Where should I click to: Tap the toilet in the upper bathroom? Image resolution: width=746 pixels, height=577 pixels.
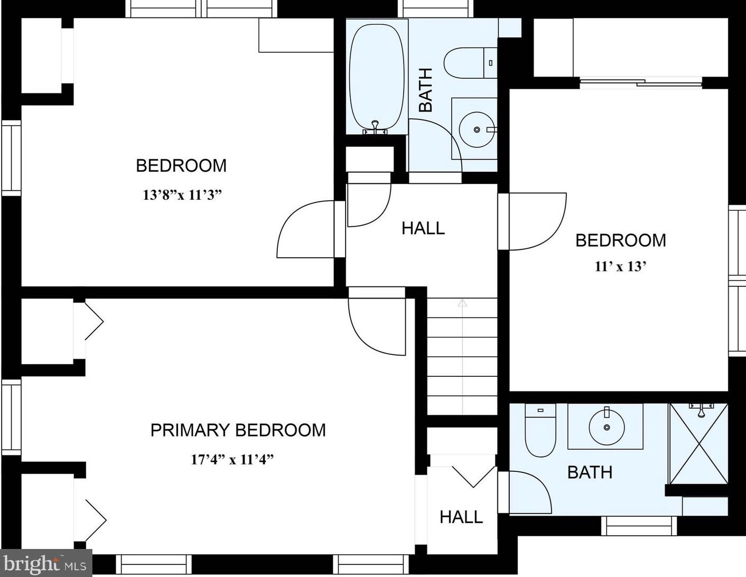470,63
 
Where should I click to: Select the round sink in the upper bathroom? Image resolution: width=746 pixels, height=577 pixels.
477,129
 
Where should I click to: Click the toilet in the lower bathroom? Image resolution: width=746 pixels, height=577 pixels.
540,430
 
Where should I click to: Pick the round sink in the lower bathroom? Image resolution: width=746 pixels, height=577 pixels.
607,427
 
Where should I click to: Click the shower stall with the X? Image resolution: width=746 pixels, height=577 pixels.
698,444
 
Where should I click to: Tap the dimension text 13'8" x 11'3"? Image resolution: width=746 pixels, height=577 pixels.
182,195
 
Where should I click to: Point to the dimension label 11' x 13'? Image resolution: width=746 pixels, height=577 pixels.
621,266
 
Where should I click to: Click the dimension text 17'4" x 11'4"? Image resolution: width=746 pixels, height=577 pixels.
232,459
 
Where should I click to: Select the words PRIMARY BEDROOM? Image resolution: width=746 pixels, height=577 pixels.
238,430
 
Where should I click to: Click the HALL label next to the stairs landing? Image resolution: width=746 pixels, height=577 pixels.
423,228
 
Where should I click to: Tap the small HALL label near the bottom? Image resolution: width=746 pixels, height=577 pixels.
461,517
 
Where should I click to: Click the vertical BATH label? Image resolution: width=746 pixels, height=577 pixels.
426,90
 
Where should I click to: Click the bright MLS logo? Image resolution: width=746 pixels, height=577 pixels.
46,563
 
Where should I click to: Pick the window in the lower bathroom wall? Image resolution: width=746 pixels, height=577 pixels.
639,526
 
